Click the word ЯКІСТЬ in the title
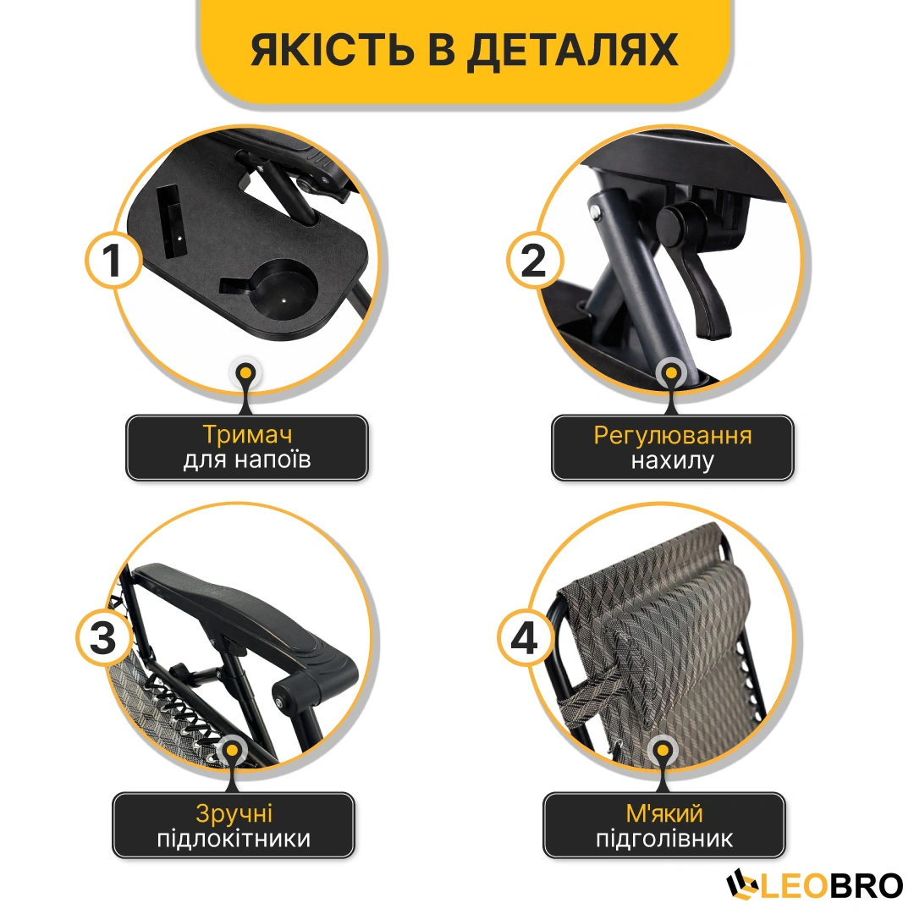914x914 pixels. coord(332,49)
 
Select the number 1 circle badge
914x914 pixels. coord(113,260)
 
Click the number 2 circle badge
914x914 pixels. coord(534,260)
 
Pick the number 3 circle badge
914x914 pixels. coord(104,637)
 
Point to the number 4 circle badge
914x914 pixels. coord(525,637)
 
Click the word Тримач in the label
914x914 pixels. coord(247,435)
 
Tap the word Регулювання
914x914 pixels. coord(673,436)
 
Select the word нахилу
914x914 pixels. coord(673,460)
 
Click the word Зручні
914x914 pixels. coord(234,814)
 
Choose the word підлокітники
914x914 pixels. coord(234,839)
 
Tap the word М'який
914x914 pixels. coord(664,813)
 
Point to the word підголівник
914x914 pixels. coord(664,839)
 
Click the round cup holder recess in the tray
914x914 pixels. coord(283,289)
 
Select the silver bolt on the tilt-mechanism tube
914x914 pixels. coord(595,213)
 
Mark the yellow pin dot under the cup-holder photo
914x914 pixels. coord(246,372)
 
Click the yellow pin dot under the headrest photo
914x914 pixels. coord(663,751)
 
